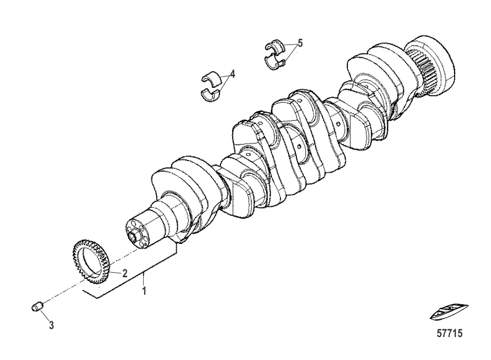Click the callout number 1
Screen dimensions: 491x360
[144, 291]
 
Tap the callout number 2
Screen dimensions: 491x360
[125, 273]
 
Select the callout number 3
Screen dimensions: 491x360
[51, 325]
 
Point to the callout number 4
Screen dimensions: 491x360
[232, 74]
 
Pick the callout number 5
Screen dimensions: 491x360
[300, 43]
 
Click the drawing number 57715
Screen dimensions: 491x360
[450, 334]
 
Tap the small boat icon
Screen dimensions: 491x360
[449, 313]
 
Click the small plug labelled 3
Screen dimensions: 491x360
[37, 306]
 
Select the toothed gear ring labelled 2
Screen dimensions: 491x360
[91, 262]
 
